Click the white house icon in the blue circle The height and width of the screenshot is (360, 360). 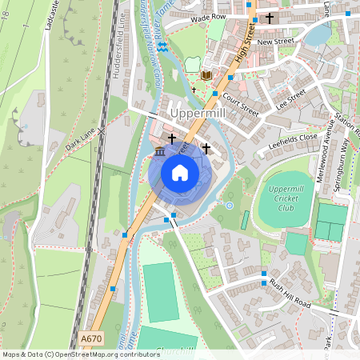(180, 173)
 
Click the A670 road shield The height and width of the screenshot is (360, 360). (92, 340)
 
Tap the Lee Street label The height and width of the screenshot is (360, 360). (290, 99)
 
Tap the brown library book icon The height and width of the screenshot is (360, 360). (206, 75)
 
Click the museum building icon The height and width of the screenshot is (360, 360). (160, 152)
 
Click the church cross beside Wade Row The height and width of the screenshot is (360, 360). (270, 17)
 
